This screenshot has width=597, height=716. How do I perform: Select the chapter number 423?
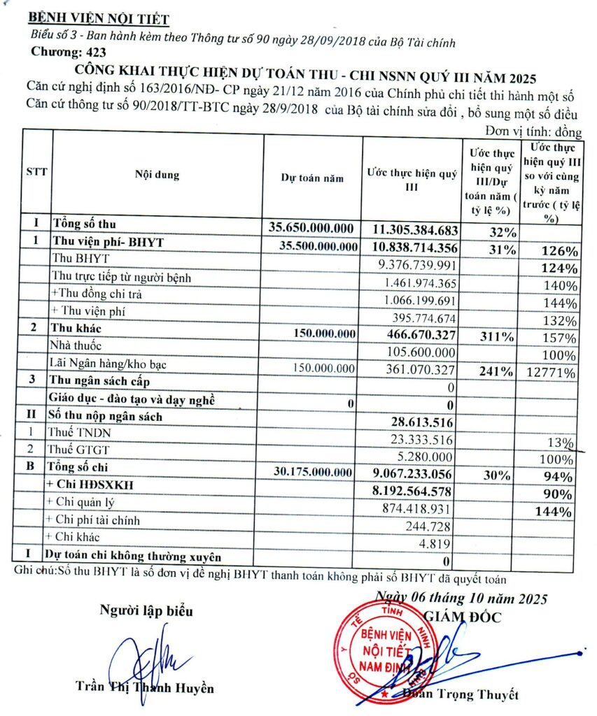(x=92, y=52)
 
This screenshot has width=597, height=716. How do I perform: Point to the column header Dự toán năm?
(x=312, y=178)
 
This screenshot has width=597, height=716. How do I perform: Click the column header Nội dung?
(x=157, y=175)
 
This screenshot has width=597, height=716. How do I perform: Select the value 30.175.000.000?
(x=312, y=473)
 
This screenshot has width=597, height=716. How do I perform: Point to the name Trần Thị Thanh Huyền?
(x=145, y=687)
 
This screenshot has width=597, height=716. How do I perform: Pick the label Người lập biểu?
(x=146, y=610)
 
